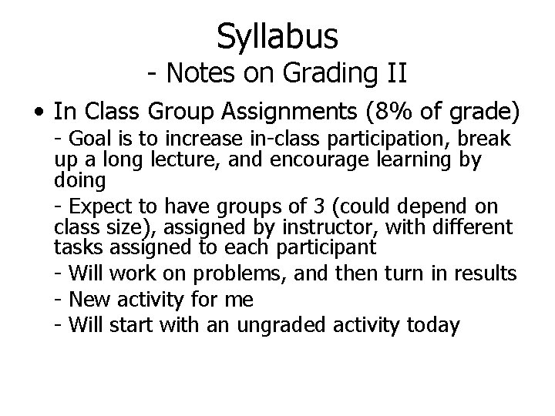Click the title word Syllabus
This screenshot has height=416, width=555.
277,35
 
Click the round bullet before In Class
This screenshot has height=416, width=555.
38,113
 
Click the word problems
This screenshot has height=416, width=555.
231,273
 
